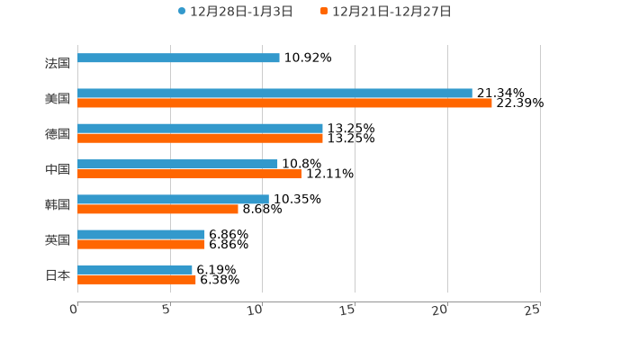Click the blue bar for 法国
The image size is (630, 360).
[178, 58]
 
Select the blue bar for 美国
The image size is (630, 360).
[274, 93]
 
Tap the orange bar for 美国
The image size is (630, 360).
[284, 103]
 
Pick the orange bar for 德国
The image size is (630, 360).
[200, 139]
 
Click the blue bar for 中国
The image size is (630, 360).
[177, 164]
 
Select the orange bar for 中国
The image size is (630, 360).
[189, 174]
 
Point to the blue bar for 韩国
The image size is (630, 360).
[173, 199]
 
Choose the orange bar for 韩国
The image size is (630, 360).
[157, 209]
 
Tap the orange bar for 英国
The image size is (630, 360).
[141, 244]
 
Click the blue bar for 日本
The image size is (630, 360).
[135, 269]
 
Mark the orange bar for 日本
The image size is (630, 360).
[137, 280]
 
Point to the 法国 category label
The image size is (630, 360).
[58, 63]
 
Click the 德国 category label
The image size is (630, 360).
[58, 134]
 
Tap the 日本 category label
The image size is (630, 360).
[58, 274]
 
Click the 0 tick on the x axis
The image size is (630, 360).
[75, 310]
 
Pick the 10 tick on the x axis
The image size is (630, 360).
[257, 310]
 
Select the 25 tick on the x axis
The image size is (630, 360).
[534, 310]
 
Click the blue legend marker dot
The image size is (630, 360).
[182, 12]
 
